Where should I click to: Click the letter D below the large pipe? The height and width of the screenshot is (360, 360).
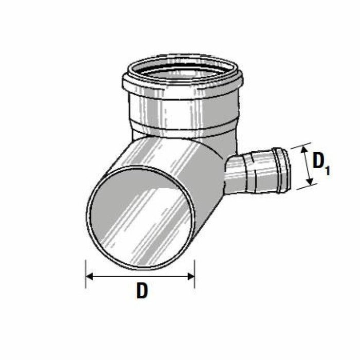[x=142, y=291]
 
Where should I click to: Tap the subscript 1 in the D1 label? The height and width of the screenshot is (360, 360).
[x=326, y=169]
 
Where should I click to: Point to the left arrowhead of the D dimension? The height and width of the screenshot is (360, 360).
[x=89, y=276]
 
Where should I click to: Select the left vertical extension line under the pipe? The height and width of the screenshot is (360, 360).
[x=85, y=273]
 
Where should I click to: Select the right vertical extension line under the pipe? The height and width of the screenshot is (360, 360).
[x=194, y=273]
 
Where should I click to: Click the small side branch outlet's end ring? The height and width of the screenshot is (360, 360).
[x=282, y=168]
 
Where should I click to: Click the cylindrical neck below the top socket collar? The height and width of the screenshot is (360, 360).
[x=183, y=111]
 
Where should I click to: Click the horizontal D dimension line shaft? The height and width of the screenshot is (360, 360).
[x=140, y=276]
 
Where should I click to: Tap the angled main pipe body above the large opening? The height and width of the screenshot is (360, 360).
[x=170, y=154]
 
